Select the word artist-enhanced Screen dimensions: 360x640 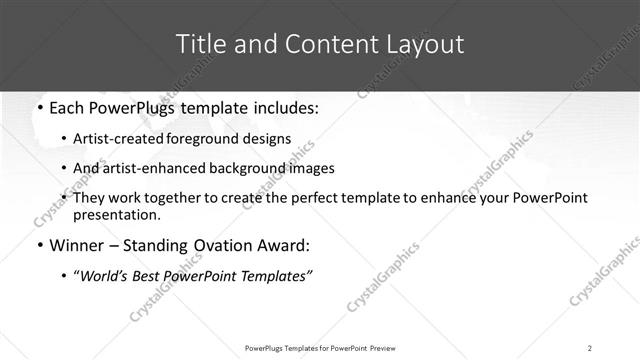point(150,168)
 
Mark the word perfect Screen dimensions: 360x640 point(315,198)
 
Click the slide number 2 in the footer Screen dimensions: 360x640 point(590,348)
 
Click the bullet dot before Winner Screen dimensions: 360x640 point(38,246)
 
